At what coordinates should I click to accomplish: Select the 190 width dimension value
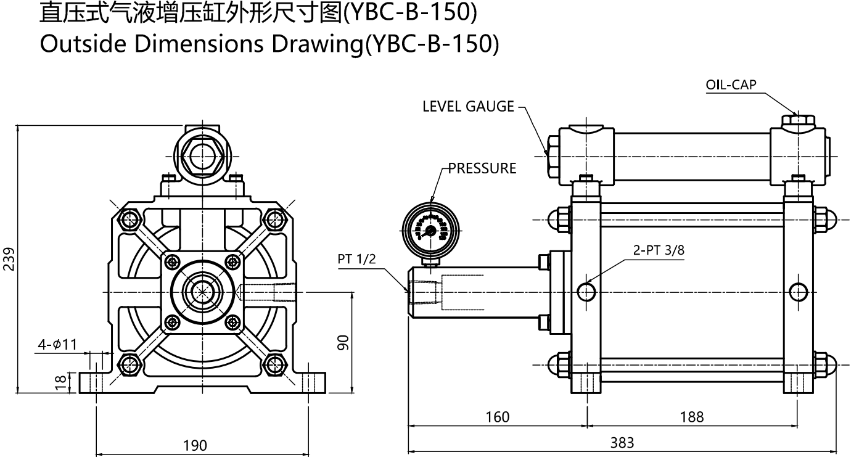click(x=195, y=445)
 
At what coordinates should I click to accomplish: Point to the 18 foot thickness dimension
click(x=60, y=382)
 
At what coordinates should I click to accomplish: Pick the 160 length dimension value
click(x=497, y=417)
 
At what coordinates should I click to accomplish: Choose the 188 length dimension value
click(x=691, y=417)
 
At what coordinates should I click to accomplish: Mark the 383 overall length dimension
click(x=622, y=442)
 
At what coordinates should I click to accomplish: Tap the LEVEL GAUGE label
click(x=468, y=106)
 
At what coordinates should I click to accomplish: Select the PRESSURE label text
click(x=482, y=168)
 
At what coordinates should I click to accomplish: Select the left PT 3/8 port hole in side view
click(x=586, y=291)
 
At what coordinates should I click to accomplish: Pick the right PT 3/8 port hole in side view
click(x=798, y=291)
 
